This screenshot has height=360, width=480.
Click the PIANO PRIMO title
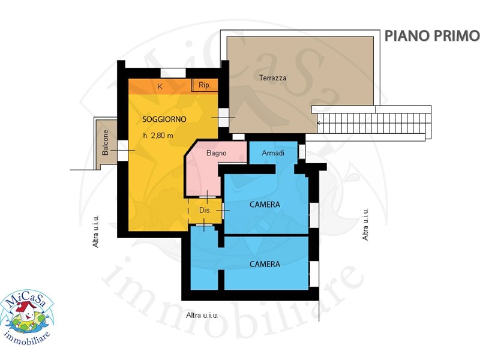[431, 36]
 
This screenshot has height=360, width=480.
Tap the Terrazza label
[273, 78]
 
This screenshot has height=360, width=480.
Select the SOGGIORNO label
[164, 119]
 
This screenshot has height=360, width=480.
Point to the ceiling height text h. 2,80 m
[158, 136]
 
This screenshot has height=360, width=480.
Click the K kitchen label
[160, 86]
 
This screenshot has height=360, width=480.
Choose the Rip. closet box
[205, 85]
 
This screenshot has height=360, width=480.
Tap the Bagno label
[217, 153]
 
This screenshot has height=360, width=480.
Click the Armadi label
[273, 153]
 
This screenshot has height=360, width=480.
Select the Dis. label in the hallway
[205, 211]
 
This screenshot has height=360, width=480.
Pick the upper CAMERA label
[265, 205]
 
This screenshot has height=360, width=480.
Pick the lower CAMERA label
[265, 264]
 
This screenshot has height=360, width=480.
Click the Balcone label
[106, 143]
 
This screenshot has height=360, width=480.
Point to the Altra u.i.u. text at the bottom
[202, 316]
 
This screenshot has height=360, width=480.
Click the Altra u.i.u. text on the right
[365, 224]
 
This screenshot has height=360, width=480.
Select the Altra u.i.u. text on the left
[96, 231]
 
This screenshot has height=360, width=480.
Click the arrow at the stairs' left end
[319, 123]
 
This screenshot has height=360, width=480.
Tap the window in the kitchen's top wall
[173, 73]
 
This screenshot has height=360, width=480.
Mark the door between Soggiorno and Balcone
[122, 150]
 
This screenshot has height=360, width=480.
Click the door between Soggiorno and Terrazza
[223, 118]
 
